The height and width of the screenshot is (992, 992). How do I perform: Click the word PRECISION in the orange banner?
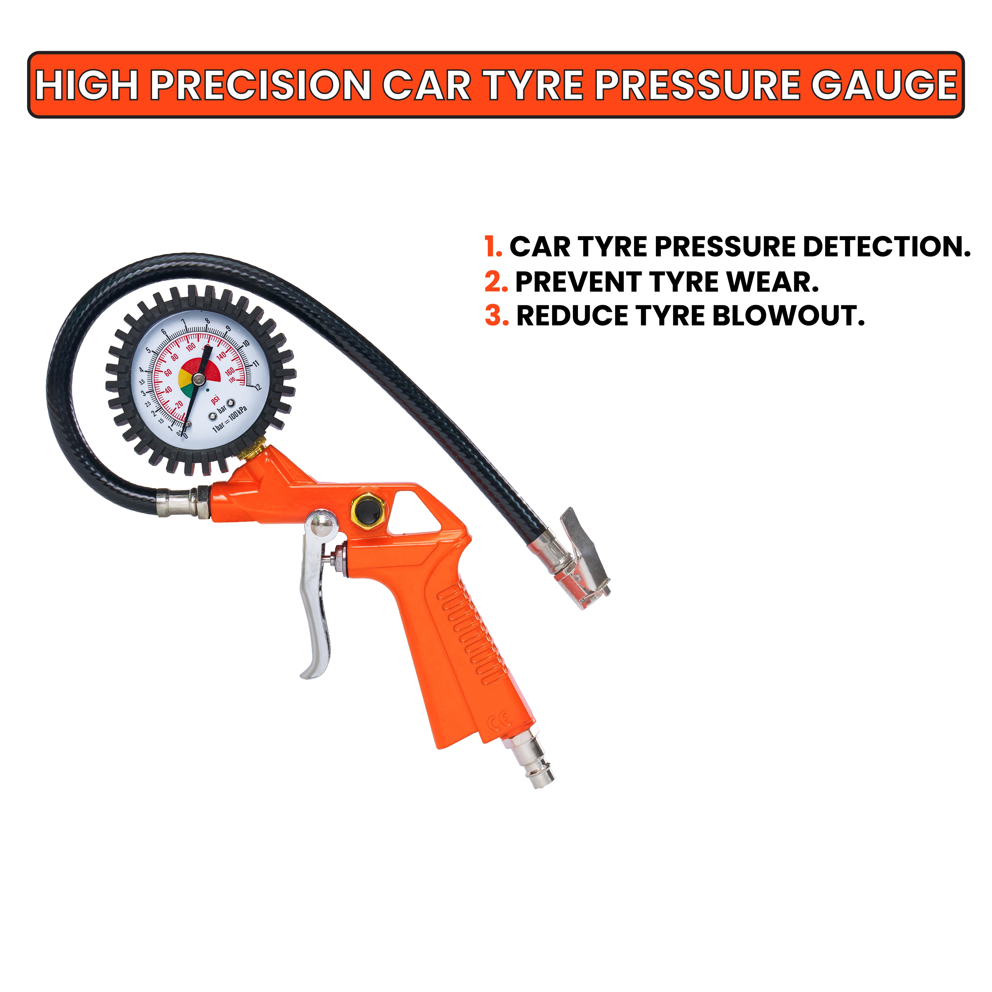tap(260, 85)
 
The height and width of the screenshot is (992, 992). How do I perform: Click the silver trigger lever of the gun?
tap(317, 591)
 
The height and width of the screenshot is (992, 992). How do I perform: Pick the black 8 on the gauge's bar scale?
tap(208, 321)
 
